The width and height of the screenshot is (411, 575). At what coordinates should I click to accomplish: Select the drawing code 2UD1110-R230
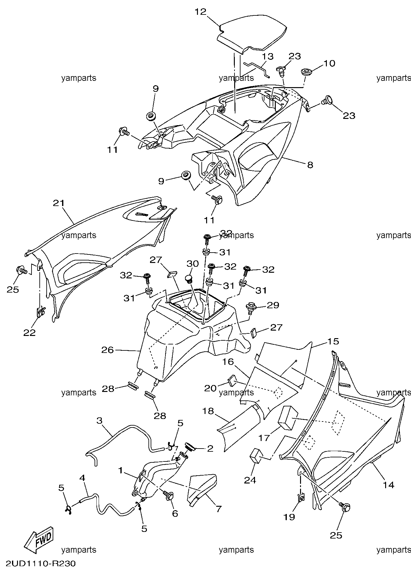[40, 563]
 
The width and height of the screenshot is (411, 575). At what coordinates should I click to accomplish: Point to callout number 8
[310, 165]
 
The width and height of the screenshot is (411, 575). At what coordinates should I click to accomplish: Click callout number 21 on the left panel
[59, 203]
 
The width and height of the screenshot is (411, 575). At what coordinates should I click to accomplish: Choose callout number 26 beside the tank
[107, 349]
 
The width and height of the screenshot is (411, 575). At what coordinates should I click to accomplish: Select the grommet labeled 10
[305, 72]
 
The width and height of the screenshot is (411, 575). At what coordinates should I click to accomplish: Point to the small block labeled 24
[257, 456]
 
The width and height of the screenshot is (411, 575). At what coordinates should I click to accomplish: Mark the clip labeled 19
[301, 498]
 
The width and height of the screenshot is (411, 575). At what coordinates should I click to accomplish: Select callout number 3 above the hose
[99, 420]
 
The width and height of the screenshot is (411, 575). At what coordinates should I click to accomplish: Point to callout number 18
[208, 411]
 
